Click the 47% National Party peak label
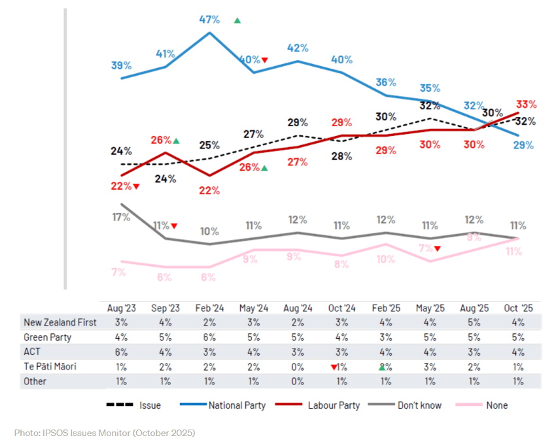coord(209,20)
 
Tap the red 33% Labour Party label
coord(526,105)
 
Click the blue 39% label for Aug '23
coord(122,65)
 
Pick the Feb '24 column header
coord(209,307)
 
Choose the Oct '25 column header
coord(519,307)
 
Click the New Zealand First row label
coord(60,322)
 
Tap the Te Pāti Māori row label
coord(50,366)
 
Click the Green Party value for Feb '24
coord(209,337)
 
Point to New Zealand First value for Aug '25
coord(474,322)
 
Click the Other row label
coord(35,381)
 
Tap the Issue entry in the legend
coord(133,405)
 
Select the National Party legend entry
coord(224,405)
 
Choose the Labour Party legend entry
coord(321,405)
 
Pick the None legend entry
coord(485,405)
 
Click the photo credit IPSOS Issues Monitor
coord(105,433)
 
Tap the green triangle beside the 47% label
coord(237,20)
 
